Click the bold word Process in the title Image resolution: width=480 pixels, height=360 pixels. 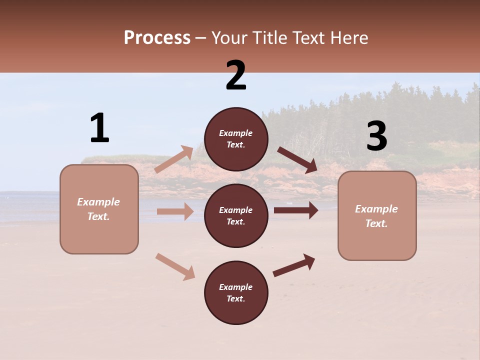point(157,37)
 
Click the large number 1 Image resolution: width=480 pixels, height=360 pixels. point(99,128)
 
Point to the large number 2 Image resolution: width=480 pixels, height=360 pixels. point(236,75)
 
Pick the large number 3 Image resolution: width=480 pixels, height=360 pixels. point(376,136)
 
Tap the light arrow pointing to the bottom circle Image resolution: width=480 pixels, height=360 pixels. point(175,266)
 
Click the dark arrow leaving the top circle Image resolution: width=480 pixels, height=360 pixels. point(297,160)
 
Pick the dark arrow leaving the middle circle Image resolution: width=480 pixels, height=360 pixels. point(296,210)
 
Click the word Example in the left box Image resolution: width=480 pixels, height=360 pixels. point(98,202)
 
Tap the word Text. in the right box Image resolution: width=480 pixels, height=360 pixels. point(376,223)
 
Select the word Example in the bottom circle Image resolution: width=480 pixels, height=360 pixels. point(236,287)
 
